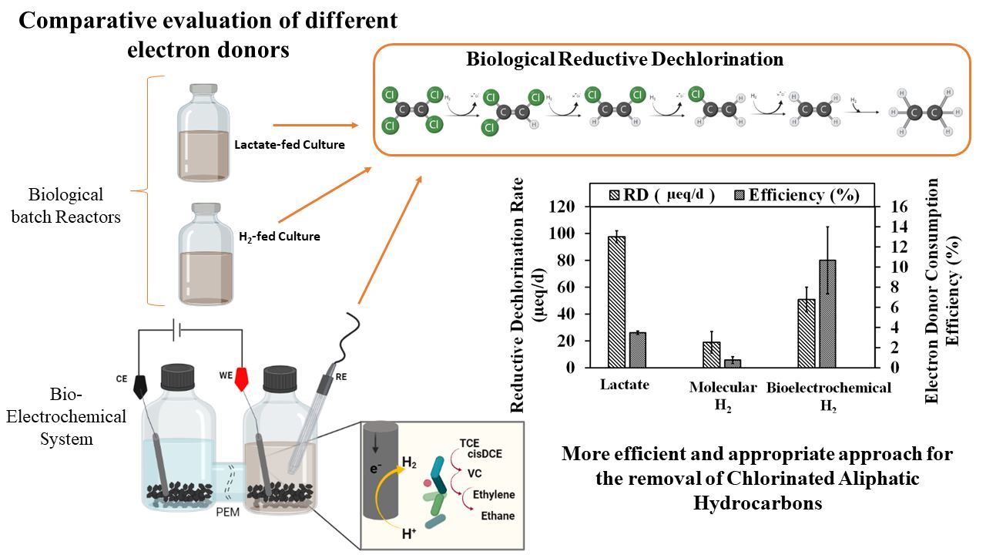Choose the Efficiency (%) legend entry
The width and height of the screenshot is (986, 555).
tap(801, 194)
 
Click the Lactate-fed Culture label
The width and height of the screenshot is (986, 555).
tap(290, 144)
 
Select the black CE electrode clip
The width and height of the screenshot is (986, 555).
tap(142, 385)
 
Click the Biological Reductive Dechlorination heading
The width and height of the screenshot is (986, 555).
tap(625, 59)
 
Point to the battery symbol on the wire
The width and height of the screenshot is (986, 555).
tap(180, 331)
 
